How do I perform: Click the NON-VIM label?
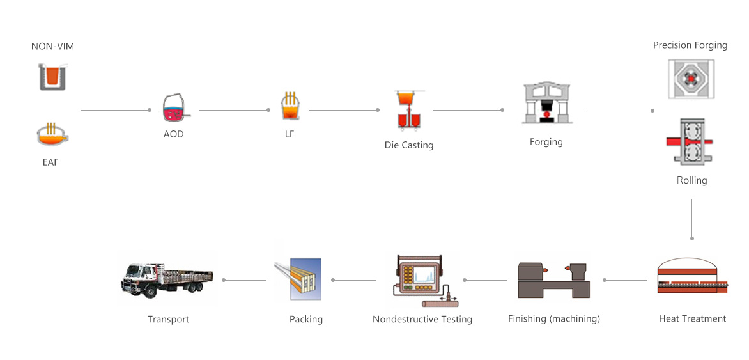click(52, 47)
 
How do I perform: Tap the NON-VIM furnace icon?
click(52, 77)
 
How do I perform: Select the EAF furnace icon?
click(52, 136)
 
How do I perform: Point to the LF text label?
click(290, 134)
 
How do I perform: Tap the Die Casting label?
click(409, 145)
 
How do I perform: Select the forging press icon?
click(547, 103)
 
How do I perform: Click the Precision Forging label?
click(690, 45)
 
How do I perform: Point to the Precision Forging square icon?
click(691, 79)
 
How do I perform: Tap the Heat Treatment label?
click(692, 319)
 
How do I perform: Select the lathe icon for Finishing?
click(554, 279)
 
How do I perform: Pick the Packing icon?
click(298, 279)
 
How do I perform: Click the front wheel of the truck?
click(150, 291)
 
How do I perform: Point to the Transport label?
click(168, 319)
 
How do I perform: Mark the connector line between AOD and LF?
click(235, 111)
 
